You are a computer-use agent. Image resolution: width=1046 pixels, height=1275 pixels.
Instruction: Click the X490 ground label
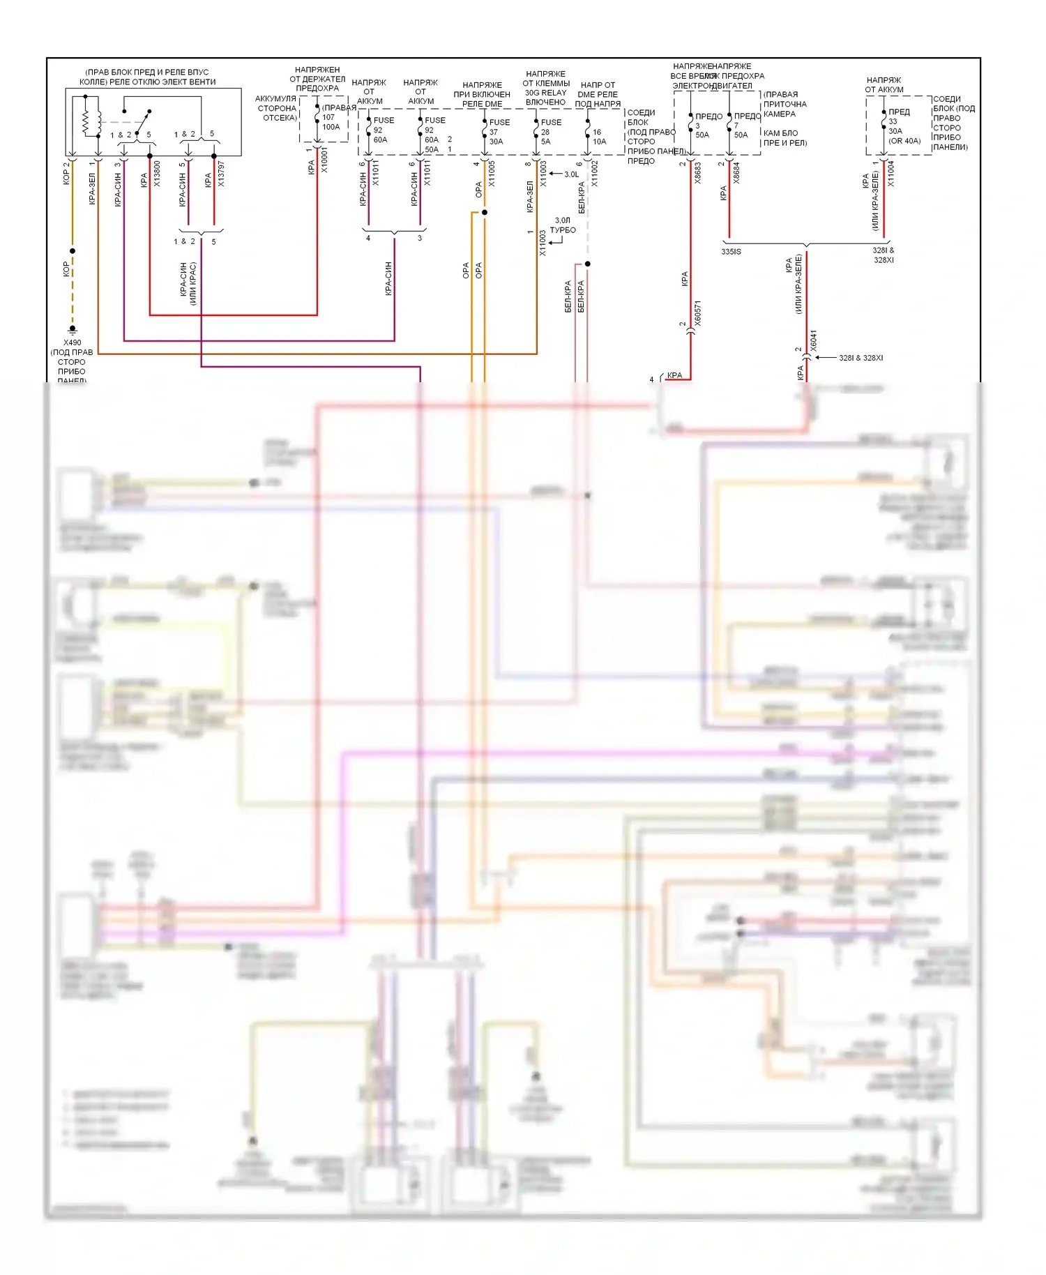(x=73, y=342)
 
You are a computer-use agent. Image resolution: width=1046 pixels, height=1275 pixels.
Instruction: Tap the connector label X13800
(x=158, y=174)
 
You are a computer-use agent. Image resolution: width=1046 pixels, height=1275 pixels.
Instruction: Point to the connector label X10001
(x=324, y=160)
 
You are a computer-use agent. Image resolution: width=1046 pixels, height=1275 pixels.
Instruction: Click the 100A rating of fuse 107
(x=331, y=127)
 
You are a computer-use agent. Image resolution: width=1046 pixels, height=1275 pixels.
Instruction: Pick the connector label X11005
(x=492, y=174)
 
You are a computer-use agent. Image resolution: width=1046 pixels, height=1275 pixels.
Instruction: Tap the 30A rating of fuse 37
(x=496, y=142)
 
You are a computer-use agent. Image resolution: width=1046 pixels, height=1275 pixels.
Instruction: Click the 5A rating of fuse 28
(x=545, y=142)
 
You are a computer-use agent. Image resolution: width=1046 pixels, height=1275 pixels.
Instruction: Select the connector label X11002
(x=595, y=174)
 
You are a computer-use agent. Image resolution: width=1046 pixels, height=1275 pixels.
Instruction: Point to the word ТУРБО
(x=563, y=230)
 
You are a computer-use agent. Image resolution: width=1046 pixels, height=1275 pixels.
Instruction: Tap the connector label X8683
(x=697, y=173)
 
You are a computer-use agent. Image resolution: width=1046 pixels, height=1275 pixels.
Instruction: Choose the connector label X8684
(x=736, y=173)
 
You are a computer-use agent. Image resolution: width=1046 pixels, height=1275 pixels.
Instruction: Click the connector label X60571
(x=697, y=314)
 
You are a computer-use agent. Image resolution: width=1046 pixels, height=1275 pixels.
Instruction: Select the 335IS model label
(x=732, y=252)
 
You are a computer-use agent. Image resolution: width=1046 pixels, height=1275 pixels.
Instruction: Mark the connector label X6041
(x=813, y=340)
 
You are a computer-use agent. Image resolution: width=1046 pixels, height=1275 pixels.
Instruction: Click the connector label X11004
(x=890, y=174)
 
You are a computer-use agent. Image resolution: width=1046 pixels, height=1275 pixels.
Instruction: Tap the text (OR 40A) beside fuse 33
(x=904, y=141)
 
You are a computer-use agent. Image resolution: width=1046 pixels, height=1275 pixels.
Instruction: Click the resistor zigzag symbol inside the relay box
(x=86, y=121)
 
